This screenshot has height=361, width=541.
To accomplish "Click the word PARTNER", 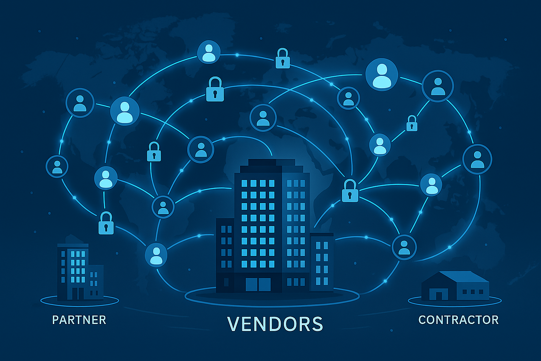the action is tap(79, 320).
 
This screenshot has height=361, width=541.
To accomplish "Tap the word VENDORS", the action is tap(275, 324).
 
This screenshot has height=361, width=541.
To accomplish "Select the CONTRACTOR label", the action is tap(458, 320).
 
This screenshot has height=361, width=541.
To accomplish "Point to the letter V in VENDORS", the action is tap(234, 324).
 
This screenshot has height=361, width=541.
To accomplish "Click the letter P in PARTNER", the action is tap(56, 320).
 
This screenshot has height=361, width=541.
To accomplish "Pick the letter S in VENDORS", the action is tap(317, 324).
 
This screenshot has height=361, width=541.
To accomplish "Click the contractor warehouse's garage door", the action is tap(439, 295).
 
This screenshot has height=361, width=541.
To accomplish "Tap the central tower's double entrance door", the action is tap(258, 284).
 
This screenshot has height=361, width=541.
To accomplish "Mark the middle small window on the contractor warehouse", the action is tap(473, 292).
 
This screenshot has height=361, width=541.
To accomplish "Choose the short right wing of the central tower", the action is tap(322, 261).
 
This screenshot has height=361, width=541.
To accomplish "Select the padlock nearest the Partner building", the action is tap(106, 223).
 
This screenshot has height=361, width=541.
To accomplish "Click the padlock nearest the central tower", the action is tap(350, 191).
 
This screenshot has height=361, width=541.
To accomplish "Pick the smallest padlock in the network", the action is tap(412, 124).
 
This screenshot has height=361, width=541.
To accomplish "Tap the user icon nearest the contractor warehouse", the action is tap(404, 247).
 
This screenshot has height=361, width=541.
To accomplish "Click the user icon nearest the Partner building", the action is tap(156, 254).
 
